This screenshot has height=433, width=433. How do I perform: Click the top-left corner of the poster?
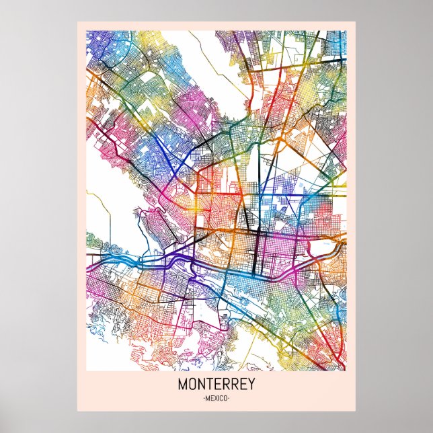(77, 21)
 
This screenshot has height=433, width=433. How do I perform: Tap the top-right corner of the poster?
(355, 21)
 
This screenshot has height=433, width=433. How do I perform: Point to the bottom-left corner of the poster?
(77, 411)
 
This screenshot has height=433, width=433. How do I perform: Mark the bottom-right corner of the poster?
(355, 411)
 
